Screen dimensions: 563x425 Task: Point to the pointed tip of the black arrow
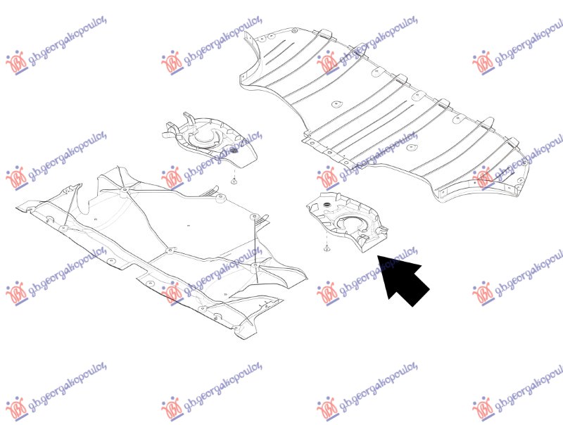click(378, 255)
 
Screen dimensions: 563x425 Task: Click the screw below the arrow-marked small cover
click(327, 248)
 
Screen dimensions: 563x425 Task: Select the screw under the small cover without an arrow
click(234, 182)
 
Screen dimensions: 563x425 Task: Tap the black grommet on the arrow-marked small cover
click(327, 204)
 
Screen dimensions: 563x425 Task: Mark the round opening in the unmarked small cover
click(203, 138)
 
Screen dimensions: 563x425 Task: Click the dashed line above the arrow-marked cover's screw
click(327, 239)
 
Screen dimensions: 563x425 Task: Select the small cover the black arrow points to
click(347, 222)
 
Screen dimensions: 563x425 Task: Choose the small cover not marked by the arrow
click(210, 139)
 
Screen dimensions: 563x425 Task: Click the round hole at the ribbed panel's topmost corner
click(294, 30)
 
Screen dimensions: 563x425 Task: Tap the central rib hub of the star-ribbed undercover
click(170, 250)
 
